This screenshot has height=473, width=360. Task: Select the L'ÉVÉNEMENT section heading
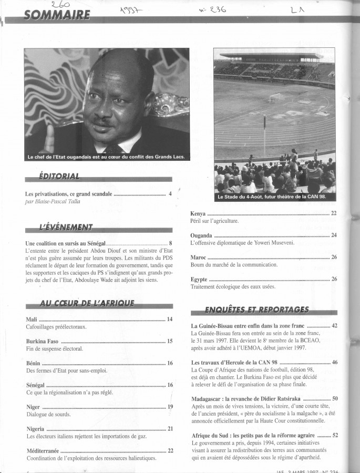tap(66, 227)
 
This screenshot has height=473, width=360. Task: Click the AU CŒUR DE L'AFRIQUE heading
tap(87, 304)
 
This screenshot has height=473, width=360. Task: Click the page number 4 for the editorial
tap(170, 194)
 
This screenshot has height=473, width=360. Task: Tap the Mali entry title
tap(32, 319)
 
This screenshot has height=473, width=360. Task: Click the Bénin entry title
tap(33, 363)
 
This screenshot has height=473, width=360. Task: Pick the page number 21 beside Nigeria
tap(170, 429)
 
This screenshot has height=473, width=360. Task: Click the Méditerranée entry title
tap(44, 450)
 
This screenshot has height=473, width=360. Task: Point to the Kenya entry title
tap(198, 213)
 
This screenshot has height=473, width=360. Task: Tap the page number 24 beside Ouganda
tap(334, 235)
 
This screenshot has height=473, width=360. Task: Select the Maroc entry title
tap(199, 258)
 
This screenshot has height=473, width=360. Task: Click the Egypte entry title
tap(199, 280)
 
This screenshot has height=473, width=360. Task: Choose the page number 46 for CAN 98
tap(334, 363)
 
